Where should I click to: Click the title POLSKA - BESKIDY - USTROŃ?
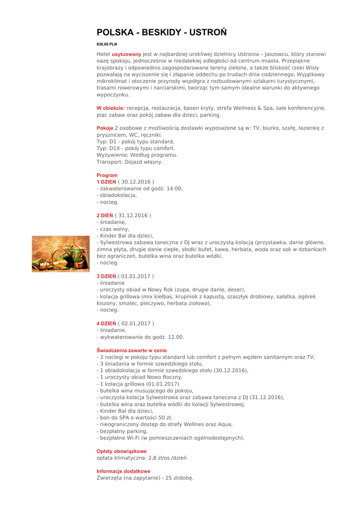coord(161,33)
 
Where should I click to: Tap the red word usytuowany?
coord(126,54)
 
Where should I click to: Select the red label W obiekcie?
coord(110,108)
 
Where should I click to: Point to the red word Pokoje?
coord(105,128)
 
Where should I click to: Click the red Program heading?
coord(107,175)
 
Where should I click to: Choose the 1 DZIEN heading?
coord(106,182)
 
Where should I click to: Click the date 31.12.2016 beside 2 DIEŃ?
coord(133,215)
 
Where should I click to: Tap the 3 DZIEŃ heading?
coord(106,276)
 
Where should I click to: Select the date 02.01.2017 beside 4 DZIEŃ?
coord(136,323)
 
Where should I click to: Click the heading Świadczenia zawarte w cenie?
coord(132,350)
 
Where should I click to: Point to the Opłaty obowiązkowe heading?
coord(121,451)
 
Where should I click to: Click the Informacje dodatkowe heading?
coord(123,471)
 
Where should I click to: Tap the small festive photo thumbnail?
coord(61,254)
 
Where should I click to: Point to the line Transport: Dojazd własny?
coord(130,162)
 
